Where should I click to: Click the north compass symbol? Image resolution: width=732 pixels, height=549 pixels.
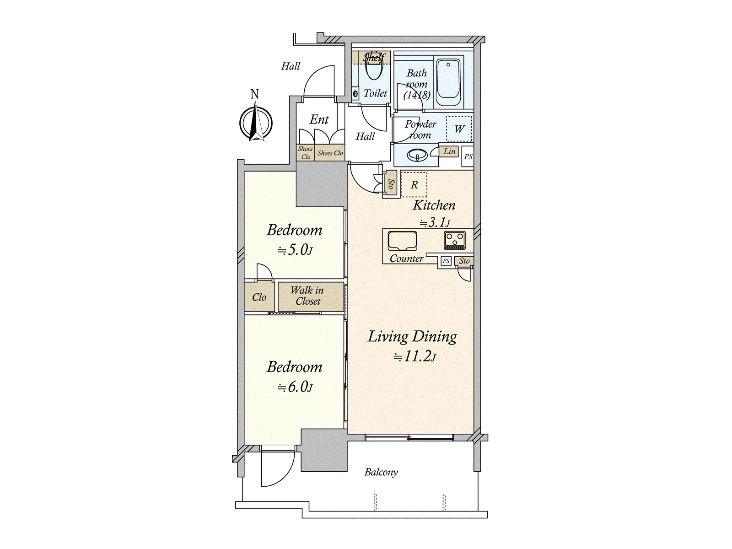click(256, 119)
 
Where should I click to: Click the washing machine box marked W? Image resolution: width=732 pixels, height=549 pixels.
click(459, 129)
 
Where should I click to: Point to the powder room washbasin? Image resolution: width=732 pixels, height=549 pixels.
click(417, 155)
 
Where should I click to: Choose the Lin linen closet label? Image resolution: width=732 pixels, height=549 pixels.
click(449, 151)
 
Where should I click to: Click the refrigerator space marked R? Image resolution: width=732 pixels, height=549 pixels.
click(414, 185)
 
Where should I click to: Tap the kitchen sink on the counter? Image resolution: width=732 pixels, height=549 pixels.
click(402, 241)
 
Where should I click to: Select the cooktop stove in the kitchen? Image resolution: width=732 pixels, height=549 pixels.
click(454, 240)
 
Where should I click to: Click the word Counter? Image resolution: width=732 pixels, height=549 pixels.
click(407, 258)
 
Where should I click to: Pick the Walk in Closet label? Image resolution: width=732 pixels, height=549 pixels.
click(307, 296)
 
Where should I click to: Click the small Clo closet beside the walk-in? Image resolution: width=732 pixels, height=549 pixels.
click(259, 297)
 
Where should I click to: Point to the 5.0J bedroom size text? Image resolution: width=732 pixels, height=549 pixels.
click(296, 250)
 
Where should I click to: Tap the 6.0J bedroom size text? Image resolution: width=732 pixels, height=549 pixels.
click(296, 387)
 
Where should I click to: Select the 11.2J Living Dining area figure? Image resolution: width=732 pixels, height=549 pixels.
click(414, 357)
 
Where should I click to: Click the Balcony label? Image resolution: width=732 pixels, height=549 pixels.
click(381, 472)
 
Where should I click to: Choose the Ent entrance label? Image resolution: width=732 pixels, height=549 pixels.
click(319, 119)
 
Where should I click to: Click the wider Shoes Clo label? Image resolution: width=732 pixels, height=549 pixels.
click(330, 153)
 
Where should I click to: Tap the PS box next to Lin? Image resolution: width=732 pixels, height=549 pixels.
click(468, 156)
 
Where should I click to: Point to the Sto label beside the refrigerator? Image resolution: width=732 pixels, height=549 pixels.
click(391, 184)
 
